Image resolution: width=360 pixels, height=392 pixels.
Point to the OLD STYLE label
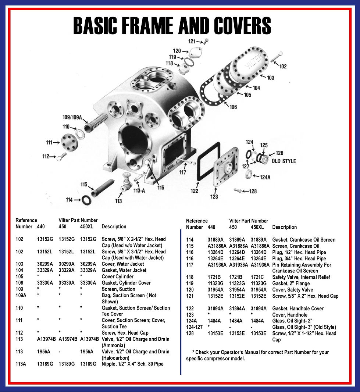click(x=284, y=161)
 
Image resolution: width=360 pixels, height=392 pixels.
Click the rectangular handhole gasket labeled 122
click(x=208, y=161)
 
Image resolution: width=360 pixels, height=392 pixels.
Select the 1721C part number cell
click(x=258, y=277)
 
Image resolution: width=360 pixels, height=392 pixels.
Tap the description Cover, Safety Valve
click(x=293, y=290)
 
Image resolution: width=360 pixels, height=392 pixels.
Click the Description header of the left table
click(x=114, y=227)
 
